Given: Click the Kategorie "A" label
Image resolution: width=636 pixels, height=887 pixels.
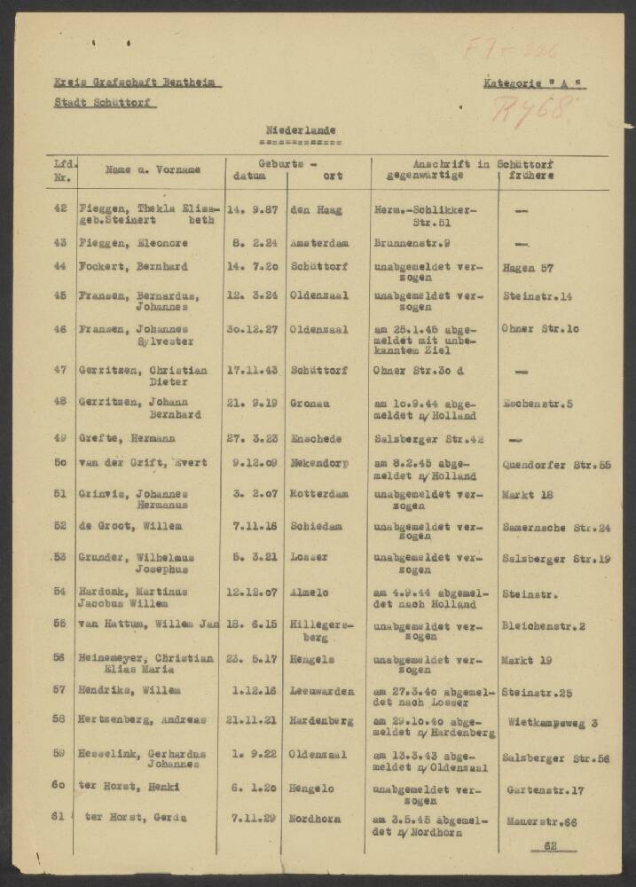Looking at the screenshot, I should [534, 84].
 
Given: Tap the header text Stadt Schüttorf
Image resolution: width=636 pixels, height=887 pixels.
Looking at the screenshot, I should [105, 103].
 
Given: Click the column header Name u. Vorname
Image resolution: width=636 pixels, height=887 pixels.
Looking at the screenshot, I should [153, 169].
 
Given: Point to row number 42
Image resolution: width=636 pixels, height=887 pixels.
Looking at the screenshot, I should [60, 209].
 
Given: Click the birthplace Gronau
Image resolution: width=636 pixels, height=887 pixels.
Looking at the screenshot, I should [310, 404].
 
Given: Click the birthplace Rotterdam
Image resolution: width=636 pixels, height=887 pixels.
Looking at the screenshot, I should [319, 494].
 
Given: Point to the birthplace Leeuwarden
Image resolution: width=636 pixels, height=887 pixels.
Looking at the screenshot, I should [322, 690].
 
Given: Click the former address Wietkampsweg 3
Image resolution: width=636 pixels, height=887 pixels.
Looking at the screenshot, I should [553, 723].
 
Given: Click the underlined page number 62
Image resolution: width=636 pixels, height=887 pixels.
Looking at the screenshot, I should [550, 847].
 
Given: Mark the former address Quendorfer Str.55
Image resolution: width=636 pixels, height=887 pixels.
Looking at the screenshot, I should [556, 465].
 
